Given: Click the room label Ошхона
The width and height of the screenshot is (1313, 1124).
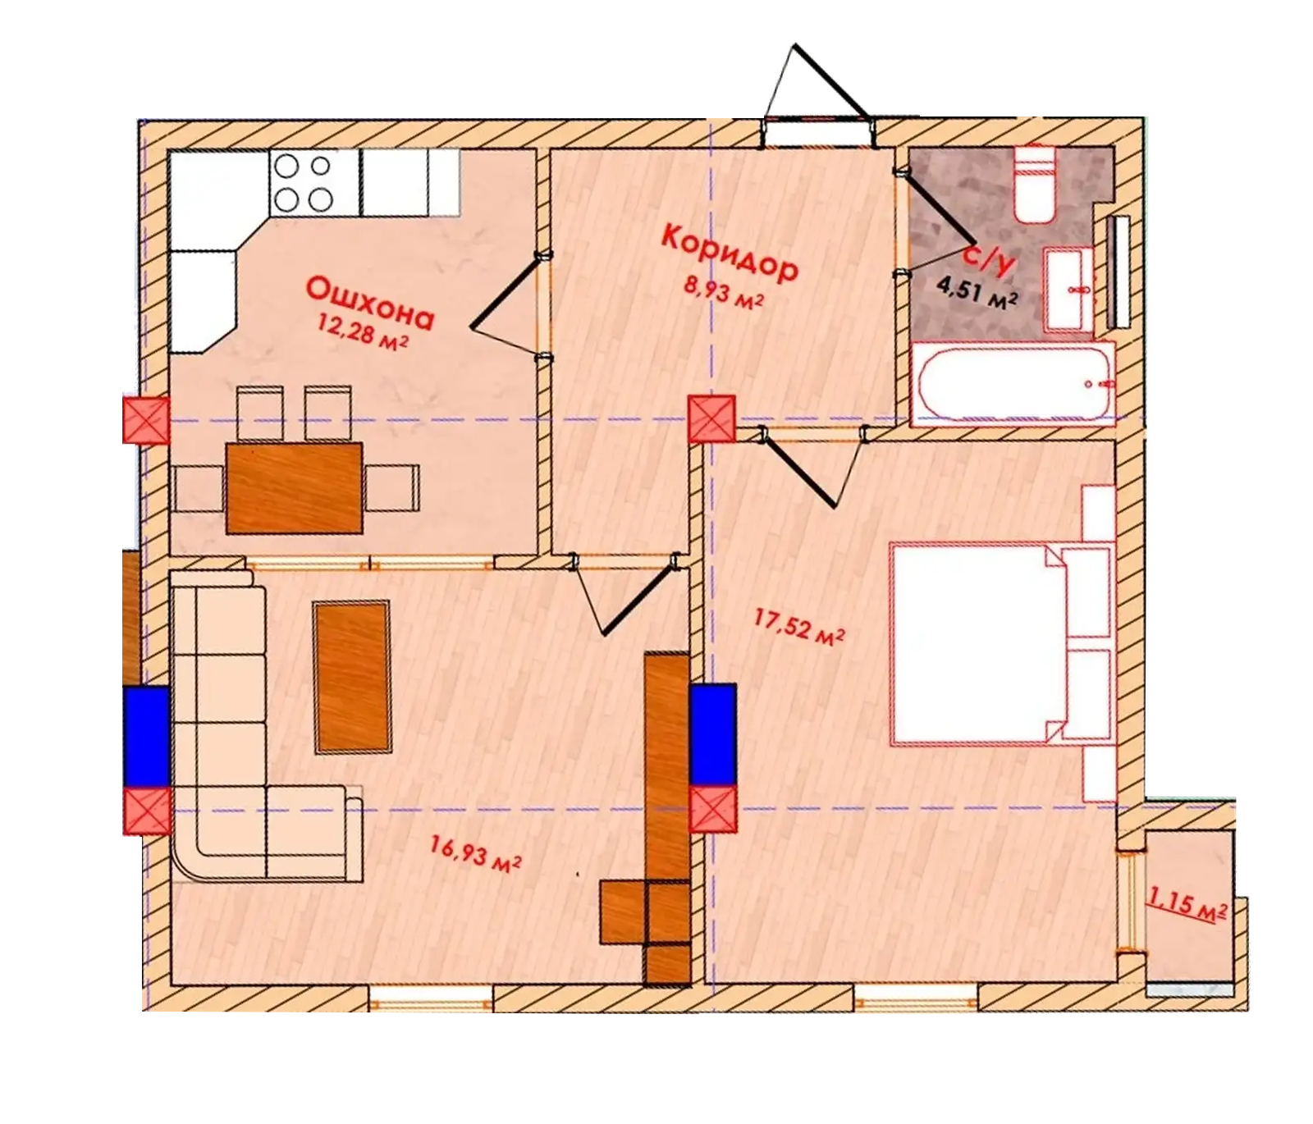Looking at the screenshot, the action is point(369,303).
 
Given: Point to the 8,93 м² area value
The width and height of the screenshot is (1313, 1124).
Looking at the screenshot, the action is point(723,291).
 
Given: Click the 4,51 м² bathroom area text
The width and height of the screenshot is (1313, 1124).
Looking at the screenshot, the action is point(977,292).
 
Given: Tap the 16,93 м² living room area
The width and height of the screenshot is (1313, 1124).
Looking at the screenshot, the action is point(477,854).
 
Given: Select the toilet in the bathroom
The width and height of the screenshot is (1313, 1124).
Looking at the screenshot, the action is point(1035,184).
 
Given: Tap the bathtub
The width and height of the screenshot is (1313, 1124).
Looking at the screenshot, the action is point(1014,384).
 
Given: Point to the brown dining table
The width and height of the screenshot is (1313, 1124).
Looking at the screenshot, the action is point(295,487).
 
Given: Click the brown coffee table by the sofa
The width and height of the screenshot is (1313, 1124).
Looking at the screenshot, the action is point(352,677).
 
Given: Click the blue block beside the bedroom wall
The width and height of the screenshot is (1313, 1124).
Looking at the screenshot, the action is point(712,734).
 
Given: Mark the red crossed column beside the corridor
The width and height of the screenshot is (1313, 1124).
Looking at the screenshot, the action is point(711,418).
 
